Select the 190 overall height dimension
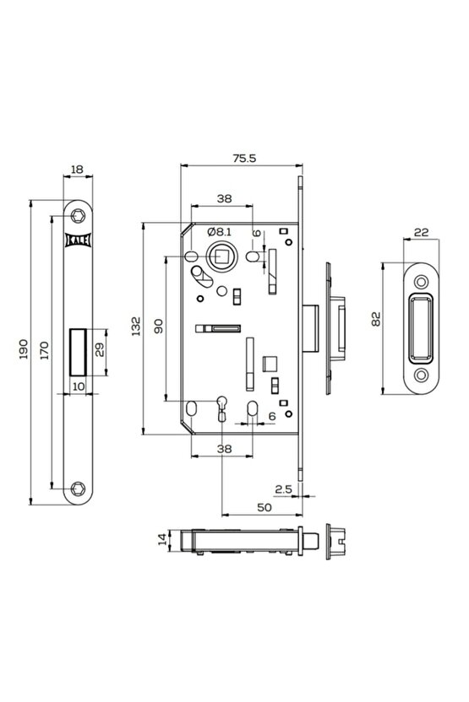point(23,348)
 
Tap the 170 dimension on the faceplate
point(46,348)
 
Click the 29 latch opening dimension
point(100,350)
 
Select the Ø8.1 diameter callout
point(220,231)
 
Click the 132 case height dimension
point(136,327)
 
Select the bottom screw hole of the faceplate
point(78,486)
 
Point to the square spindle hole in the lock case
point(226,252)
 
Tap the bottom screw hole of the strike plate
point(420,372)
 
